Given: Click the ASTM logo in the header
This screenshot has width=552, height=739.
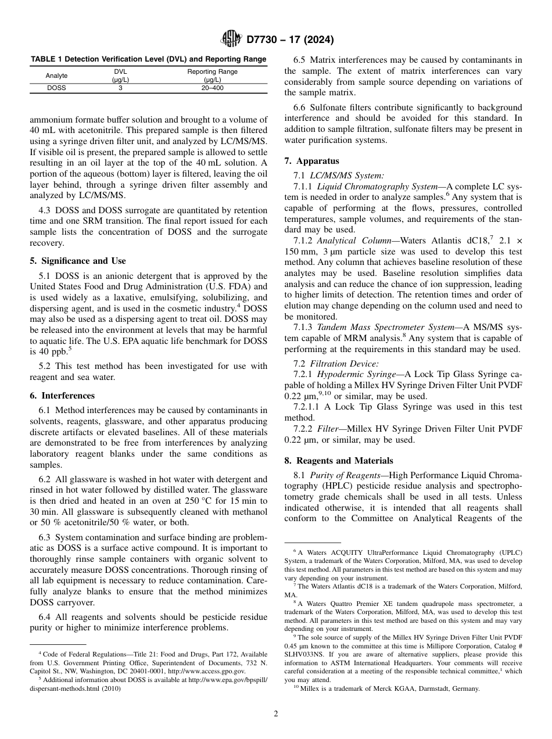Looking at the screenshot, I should (x=232, y=40).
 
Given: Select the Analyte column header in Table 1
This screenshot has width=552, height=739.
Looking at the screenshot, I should (x=56, y=76).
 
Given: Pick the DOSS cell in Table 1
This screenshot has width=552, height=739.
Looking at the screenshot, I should (x=56, y=88).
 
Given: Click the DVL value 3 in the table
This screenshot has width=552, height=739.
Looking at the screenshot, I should (x=120, y=88).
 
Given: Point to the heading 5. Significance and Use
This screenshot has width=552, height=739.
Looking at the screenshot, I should (x=78, y=261).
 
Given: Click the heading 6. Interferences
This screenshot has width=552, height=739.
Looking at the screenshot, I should (x=62, y=396).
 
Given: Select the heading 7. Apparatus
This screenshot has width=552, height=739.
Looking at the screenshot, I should (x=311, y=161).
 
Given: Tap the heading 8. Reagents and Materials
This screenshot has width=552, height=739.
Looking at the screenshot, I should (x=338, y=461).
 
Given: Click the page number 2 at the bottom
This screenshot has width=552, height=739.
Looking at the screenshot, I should (x=276, y=714).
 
